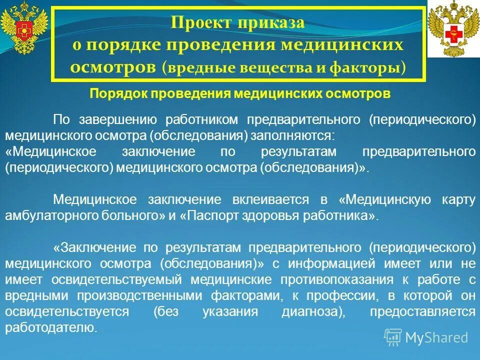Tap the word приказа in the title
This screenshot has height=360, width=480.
pyautogui.click(x=271, y=23)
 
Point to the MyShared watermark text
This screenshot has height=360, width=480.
pyautogui.click(x=436, y=337)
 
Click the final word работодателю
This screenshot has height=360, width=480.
pyautogui.click(x=51, y=327)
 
